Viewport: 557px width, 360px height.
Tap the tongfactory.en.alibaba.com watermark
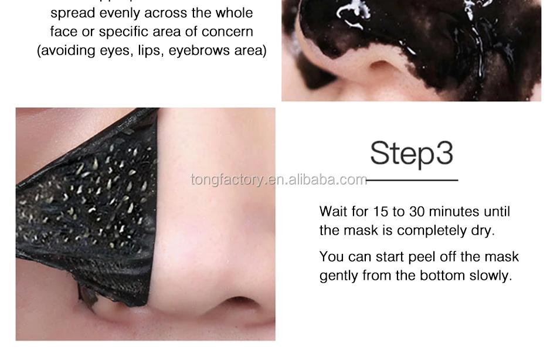point(278,179)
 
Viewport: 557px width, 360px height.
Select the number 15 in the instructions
point(381,211)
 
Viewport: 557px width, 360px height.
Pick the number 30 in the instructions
point(417,211)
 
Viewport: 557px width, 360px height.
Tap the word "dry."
point(482,230)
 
